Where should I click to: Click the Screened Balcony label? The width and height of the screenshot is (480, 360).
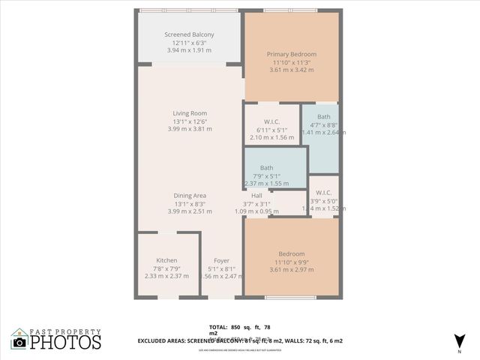point(189,34)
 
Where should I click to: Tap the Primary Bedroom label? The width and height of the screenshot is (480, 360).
point(292,54)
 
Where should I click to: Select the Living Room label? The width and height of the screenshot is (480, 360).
point(189,113)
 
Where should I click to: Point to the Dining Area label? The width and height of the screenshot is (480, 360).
point(189,196)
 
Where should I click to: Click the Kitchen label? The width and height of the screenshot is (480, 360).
point(166,260)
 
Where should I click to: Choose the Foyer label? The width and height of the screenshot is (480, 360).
point(220,260)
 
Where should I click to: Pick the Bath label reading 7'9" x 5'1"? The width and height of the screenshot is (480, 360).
point(266,168)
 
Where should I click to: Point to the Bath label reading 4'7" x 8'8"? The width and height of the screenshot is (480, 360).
point(323,116)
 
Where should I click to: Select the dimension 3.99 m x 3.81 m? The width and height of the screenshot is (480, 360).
point(189,128)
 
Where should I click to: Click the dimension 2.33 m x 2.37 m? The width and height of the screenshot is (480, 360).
point(166,275)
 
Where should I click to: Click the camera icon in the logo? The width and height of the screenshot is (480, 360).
point(19,342)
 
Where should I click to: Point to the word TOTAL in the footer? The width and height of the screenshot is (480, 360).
point(218,328)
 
